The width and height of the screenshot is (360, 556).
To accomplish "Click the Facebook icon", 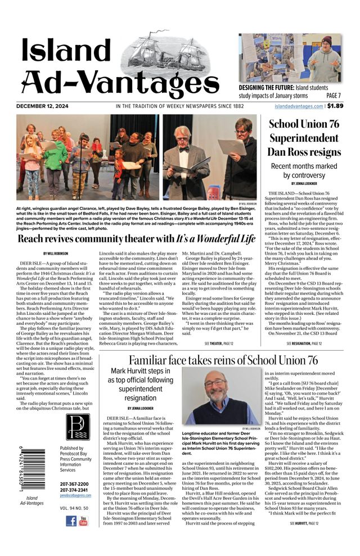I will point(71,521).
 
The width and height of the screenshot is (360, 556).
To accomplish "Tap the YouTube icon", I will point(83,521).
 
